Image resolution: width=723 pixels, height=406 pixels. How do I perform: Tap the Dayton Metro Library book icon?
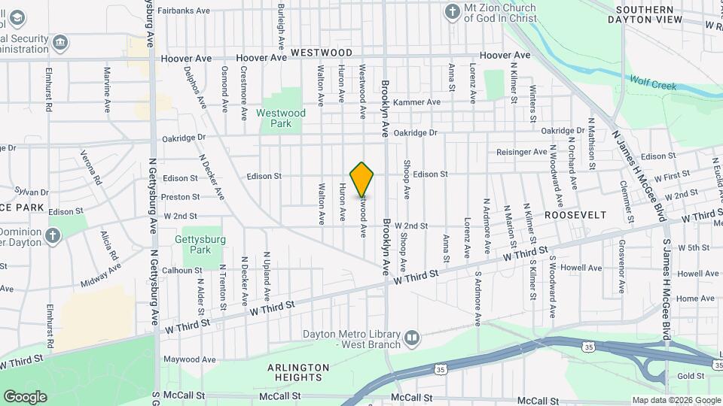pyautogui.click(x=411, y=338)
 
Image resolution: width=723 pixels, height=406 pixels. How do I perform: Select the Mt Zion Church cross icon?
pyautogui.click(x=452, y=11)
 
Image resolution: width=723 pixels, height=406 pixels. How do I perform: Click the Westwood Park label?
pyautogui.click(x=281, y=118)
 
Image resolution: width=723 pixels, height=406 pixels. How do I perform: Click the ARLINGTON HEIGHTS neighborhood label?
pyautogui.click(x=298, y=373)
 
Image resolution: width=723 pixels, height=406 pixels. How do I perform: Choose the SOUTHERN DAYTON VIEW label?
pyautogui.click(x=648, y=15)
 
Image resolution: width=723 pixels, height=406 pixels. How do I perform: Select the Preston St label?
pyautogui.click(x=181, y=197)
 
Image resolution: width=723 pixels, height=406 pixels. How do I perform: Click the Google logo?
pyautogui.click(x=24, y=396)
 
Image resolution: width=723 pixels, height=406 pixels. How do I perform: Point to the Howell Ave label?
pyautogui.click(x=586, y=268)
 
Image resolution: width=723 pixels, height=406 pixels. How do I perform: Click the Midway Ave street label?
pyautogui.click(x=95, y=280)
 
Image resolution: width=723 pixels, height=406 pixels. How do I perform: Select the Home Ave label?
pyautogui.click(x=691, y=299)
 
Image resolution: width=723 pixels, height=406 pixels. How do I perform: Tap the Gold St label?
pyautogui.click(x=690, y=376)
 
